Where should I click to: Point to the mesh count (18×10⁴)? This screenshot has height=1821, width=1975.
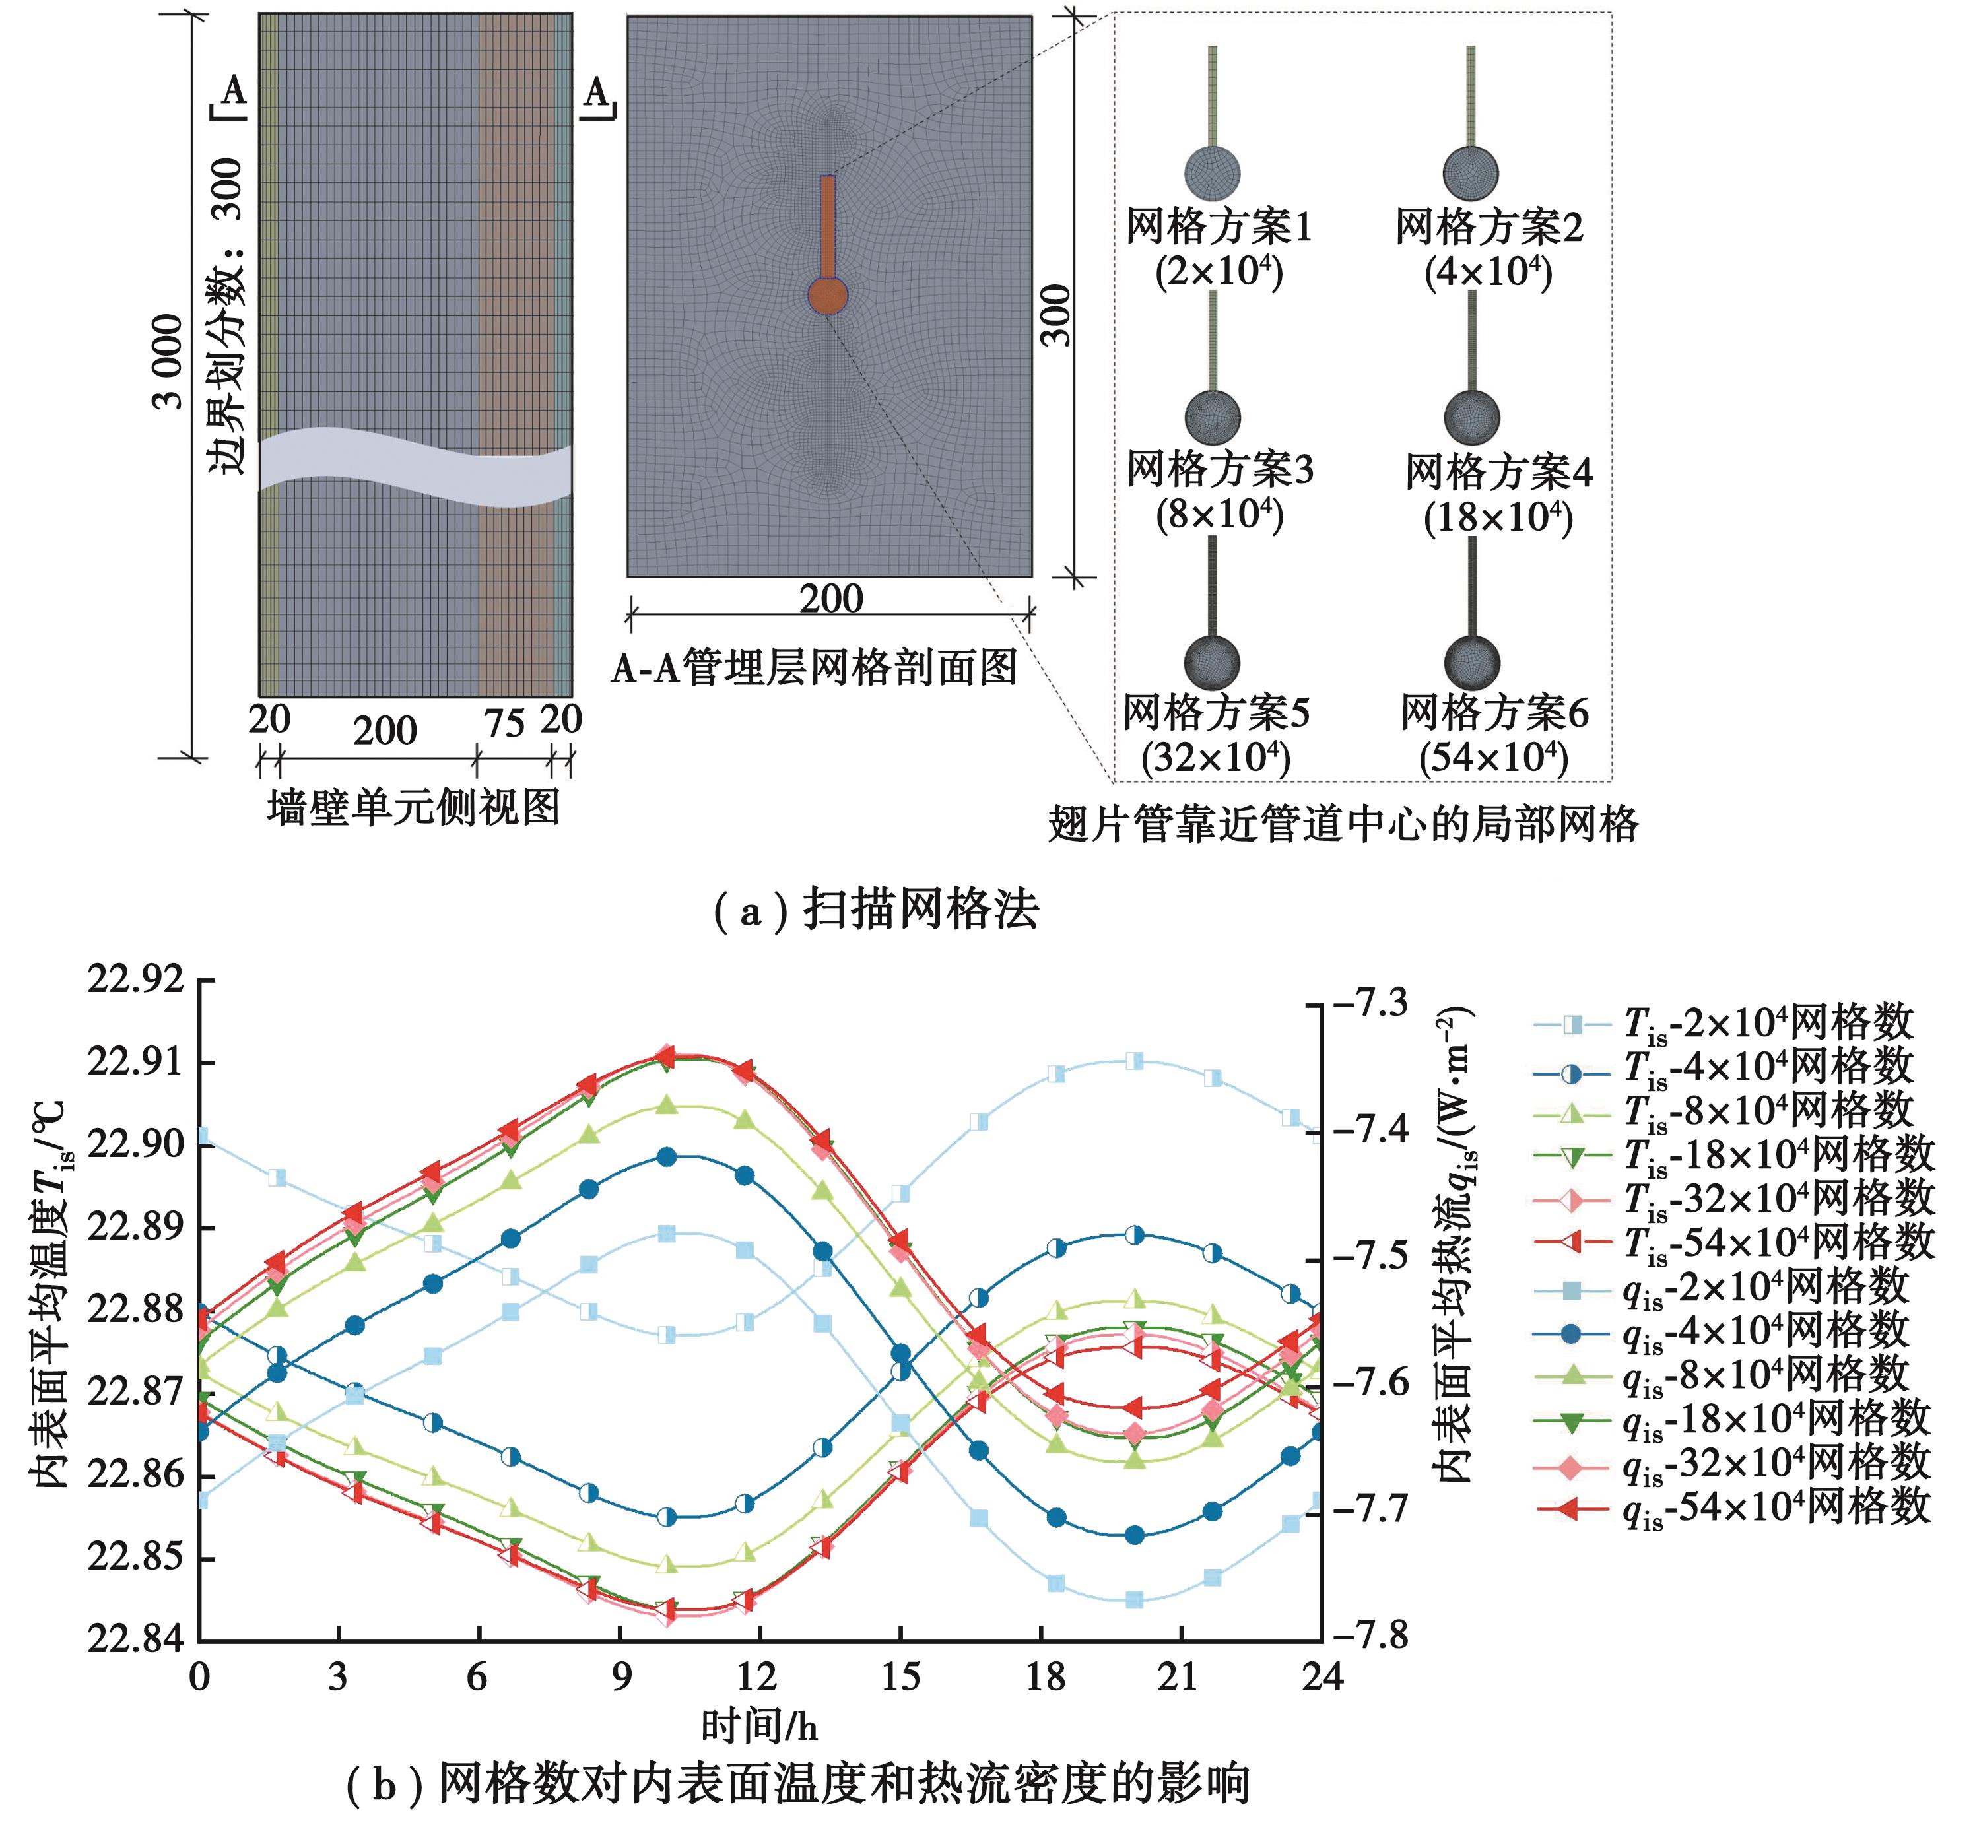[x=1498, y=517]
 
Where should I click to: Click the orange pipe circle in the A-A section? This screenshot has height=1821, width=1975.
[x=828, y=294]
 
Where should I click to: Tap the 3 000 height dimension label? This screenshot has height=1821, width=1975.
[x=170, y=362]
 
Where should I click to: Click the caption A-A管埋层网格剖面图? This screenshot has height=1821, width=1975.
[x=814, y=668]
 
